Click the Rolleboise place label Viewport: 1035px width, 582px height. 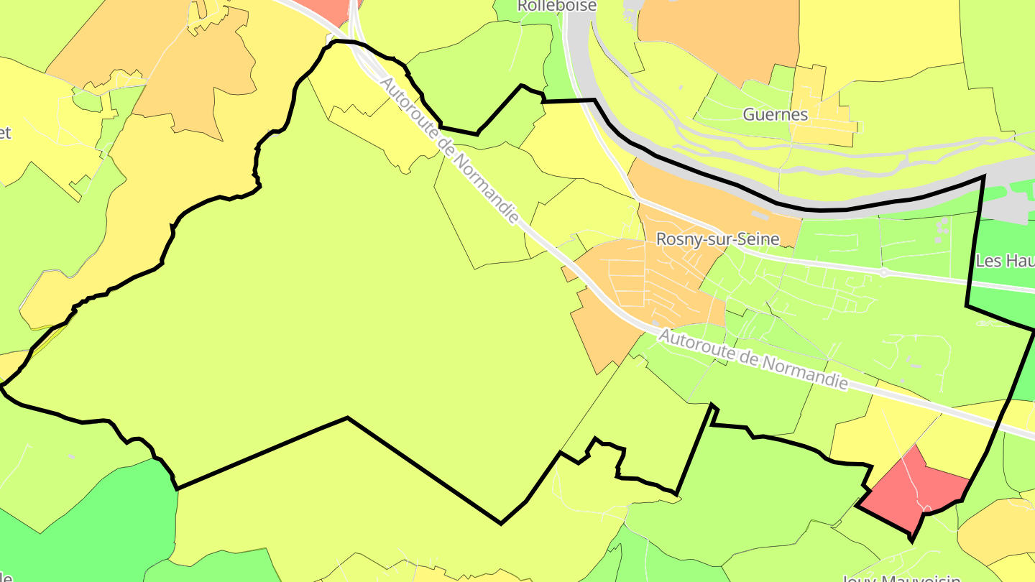tap(547, 6)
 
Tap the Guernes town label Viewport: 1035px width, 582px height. tap(776, 114)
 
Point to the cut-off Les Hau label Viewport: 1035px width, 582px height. tap(1006, 260)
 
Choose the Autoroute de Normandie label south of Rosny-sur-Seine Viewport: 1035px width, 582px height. tap(753, 359)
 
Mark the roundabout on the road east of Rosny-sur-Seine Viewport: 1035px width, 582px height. tap(885, 273)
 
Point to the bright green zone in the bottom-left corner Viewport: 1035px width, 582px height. tap(72, 517)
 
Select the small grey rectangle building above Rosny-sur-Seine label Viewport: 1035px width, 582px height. tap(758, 214)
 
